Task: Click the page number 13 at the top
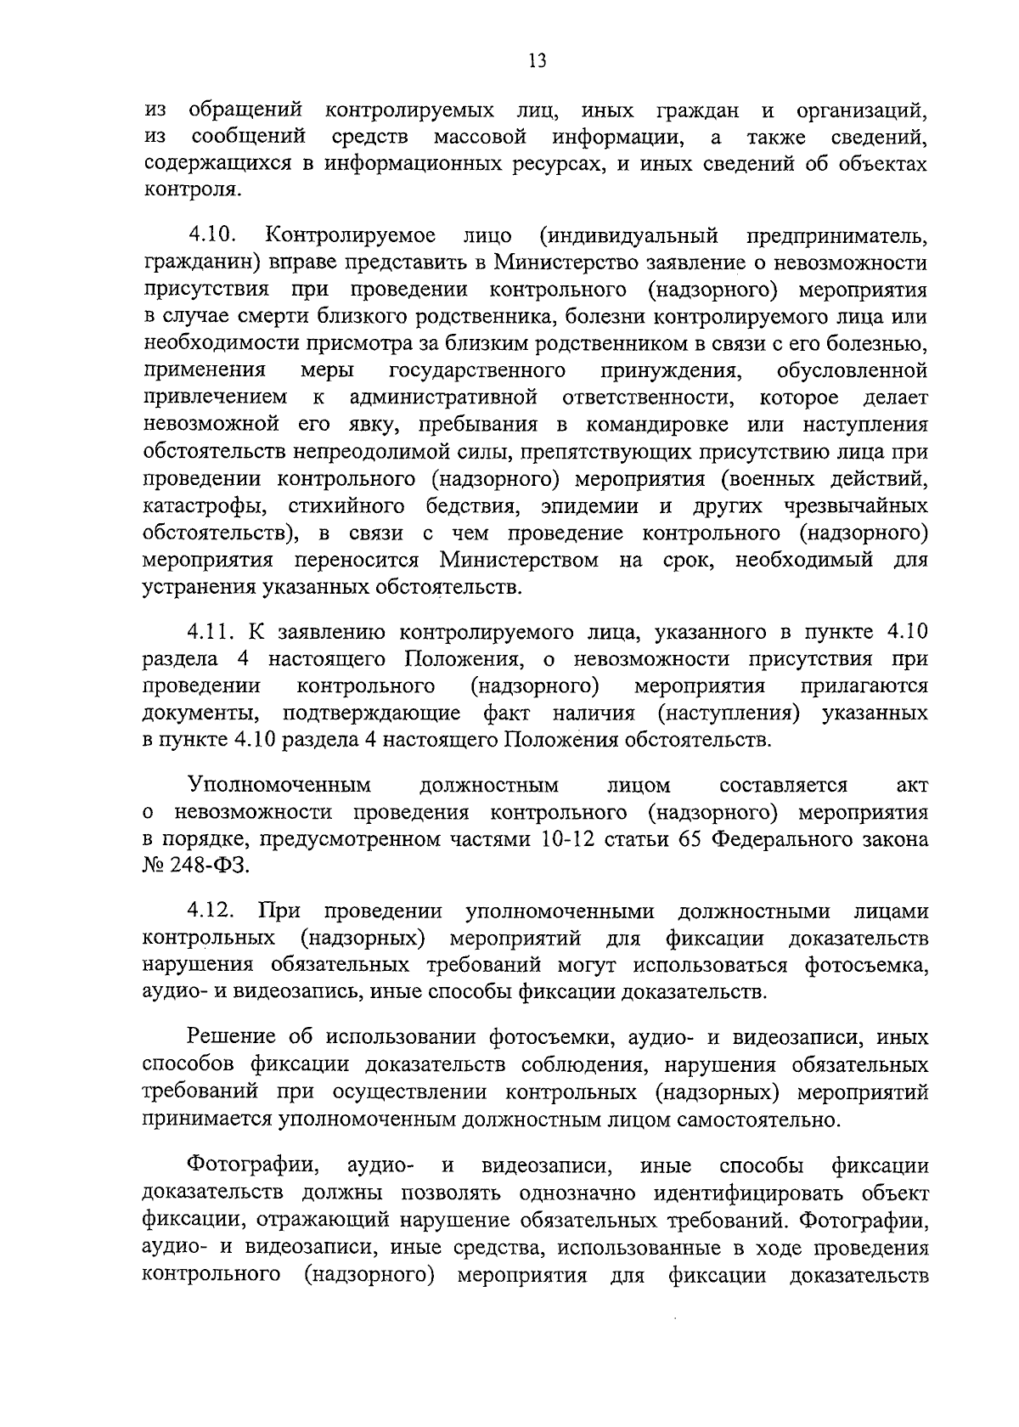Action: (536, 60)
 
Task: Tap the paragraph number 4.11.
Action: (214, 632)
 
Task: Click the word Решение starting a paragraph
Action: (232, 1037)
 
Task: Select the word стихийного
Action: (345, 507)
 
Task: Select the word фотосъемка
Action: (865, 965)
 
